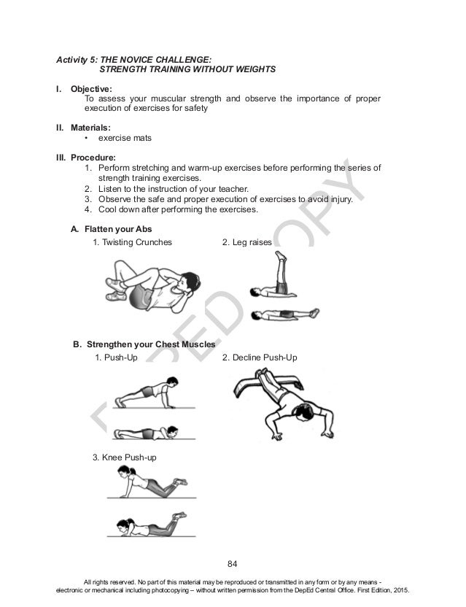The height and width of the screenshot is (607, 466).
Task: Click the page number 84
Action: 233,562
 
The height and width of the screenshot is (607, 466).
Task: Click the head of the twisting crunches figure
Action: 186,281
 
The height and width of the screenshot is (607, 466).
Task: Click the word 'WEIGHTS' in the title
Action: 251,70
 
